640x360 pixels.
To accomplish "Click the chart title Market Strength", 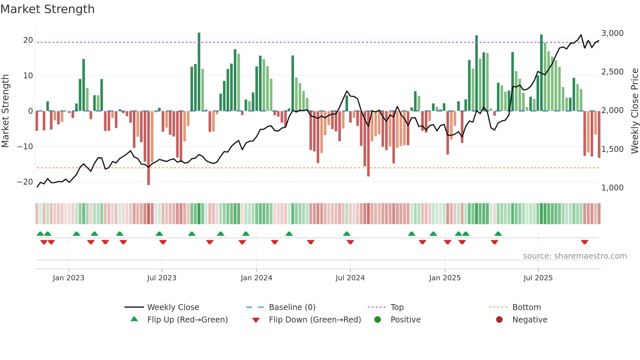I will pyautogui.click(x=47, y=9).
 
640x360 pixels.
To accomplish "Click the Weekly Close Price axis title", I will pyautogui.click(x=634, y=111).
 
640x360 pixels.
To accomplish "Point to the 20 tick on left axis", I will pyautogui.click(x=28, y=40).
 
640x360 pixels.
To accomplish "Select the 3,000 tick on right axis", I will pyautogui.click(x=612, y=33).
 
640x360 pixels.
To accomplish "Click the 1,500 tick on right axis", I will pyautogui.click(x=612, y=149).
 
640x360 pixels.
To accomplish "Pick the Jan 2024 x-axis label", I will pyautogui.click(x=256, y=278).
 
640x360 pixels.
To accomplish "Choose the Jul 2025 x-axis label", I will pyautogui.click(x=538, y=278).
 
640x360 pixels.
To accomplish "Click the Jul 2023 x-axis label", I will pyautogui.click(x=162, y=278).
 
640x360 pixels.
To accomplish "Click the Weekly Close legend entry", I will pyautogui.click(x=173, y=307).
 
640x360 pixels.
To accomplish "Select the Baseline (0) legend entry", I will pyautogui.click(x=292, y=307).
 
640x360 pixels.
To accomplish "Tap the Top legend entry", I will pyautogui.click(x=397, y=307).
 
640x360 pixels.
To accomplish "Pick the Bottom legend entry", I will pyautogui.click(x=526, y=307).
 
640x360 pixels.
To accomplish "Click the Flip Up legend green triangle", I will pyautogui.click(x=134, y=319).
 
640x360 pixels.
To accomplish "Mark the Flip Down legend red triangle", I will pyautogui.click(x=256, y=320).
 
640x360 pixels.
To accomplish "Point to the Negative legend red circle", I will pyautogui.click(x=499, y=319).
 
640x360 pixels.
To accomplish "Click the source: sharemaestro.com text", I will pyautogui.click(x=575, y=256).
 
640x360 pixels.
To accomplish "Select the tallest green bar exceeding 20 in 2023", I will pyautogui.click(x=199, y=72).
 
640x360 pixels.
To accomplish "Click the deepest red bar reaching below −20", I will pyautogui.click(x=149, y=149).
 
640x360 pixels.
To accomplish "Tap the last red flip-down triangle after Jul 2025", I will pyautogui.click(x=584, y=242).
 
